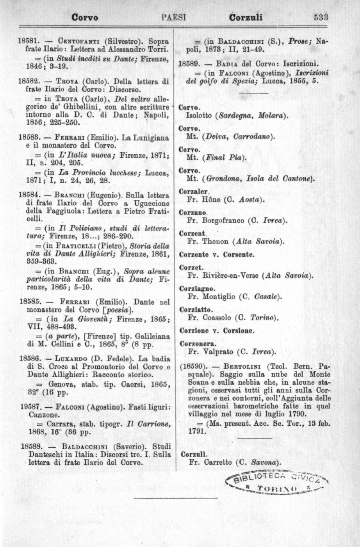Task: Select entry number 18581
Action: [28, 41]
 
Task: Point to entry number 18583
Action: [28, 137]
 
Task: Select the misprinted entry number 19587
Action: [28, 407]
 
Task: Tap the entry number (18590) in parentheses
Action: [194, 367]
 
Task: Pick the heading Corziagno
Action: [197, 289]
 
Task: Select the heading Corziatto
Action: [196, 310]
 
